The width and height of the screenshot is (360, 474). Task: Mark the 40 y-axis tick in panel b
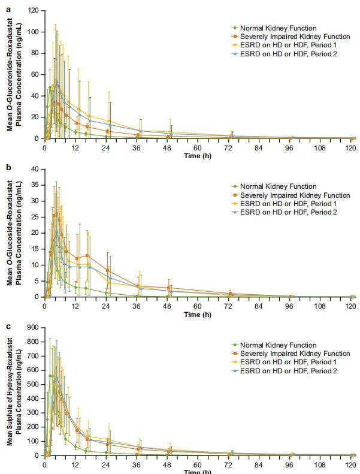(x=35, y=169)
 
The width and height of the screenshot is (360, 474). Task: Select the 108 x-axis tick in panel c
(x=322, y=462)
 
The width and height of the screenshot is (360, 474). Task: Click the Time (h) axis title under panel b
(x=198, y=313)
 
